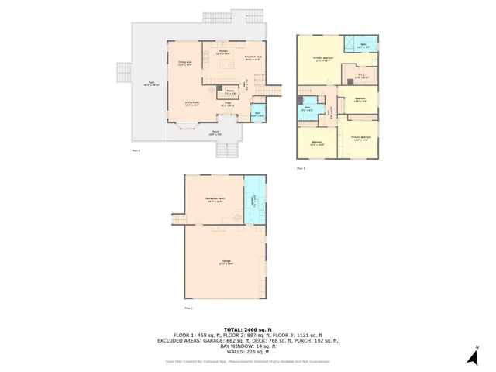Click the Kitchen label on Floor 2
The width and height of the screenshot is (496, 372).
(x=222, y=52)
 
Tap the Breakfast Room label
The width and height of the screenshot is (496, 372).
(x=253, y=57)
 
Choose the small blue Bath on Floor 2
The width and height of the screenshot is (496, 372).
(x=257, y=115)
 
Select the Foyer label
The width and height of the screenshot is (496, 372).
(x=229, y=103)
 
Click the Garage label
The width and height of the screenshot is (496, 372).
(x=226, y=263)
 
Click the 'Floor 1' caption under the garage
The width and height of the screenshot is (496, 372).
(x=189, y=309)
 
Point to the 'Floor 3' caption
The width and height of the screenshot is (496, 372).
(x=301, y=167)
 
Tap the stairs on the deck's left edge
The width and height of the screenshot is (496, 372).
(x=123, y=74)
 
